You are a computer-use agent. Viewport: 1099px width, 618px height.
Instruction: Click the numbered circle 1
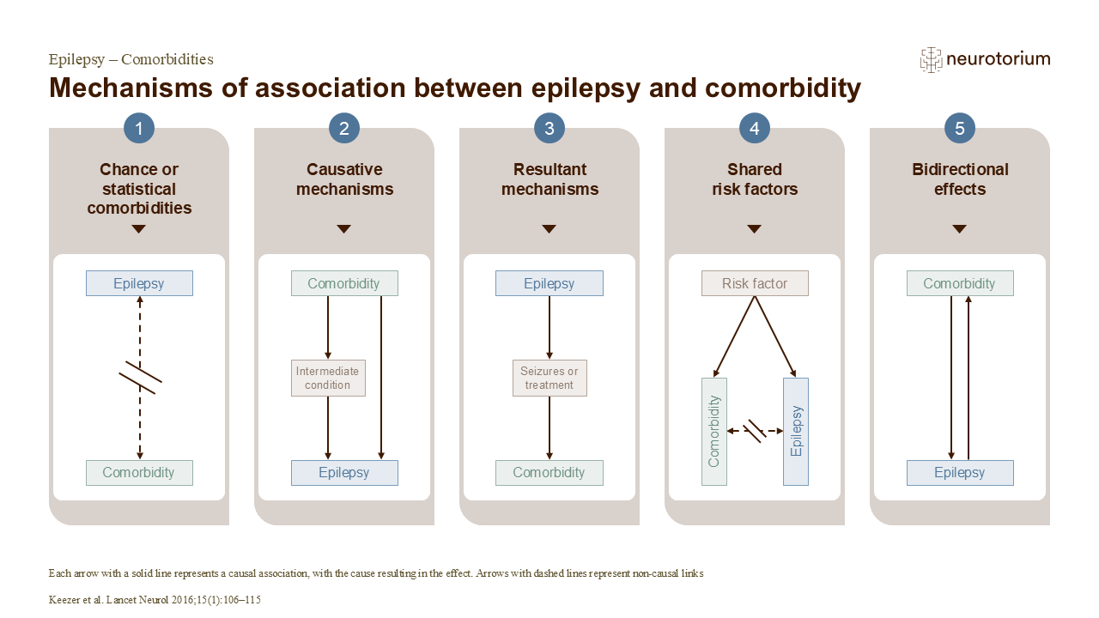pyautogui.click(x=139, y=129)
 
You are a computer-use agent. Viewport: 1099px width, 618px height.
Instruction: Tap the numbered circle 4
pyautogui.click(x=755, y=129)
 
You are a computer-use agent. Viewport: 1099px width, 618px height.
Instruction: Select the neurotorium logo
pyautogui.click(x=985, y=59)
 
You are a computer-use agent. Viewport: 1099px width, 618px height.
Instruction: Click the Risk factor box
pyautogui.click(x=755, y=283)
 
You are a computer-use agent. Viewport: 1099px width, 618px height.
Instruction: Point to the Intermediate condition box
pyautogui.click(x=328, y=378)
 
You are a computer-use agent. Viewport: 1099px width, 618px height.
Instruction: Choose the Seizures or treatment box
pyautogui.click(x=549, y=378)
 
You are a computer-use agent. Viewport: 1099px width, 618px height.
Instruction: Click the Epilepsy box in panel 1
pyautogui.click(x=139, y=283)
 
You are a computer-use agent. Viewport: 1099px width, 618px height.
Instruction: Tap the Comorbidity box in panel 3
pyautogui.click(x=549, y=472)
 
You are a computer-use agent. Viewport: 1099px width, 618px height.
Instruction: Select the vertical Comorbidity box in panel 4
pyautogui.click(x=714, y=431)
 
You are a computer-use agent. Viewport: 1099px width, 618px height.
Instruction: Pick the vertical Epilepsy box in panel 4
pyautogui.click(x=796, y=431)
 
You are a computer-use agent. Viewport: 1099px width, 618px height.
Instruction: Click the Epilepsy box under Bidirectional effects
pyautogui.click(x=960, y=472)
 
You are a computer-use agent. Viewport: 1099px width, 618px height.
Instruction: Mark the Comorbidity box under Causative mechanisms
pyautogui.click(x=344, y=283)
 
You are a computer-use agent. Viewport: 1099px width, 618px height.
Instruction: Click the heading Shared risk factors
pyautogui.click(x=755, y=179)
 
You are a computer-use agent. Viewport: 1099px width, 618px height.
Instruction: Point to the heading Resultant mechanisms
pyautogui.click(x=549, y=179)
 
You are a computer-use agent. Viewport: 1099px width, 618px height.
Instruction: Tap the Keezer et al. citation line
pyautogui.click(x=155, y=600)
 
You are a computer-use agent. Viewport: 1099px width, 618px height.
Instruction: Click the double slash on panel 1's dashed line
pyautogui.click(x=140, y=378)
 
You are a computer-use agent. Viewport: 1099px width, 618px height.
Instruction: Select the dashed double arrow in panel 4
pyautogui.click(x=755, y=430)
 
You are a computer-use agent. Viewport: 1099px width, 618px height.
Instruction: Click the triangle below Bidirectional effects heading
pyautogui.click(x=960, y=229)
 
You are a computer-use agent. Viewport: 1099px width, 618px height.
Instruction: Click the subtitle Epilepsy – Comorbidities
pyautogui.click(x=131, y=59)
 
